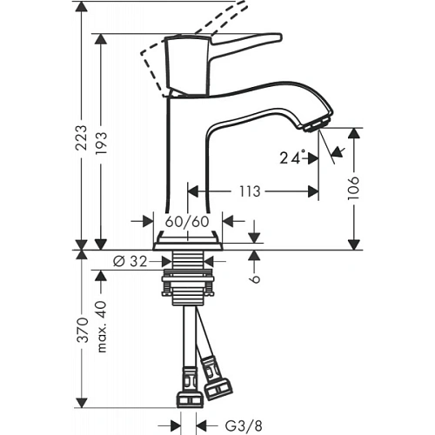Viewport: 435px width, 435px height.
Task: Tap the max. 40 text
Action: tap(101, 324)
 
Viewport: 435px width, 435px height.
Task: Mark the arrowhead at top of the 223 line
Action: tap(81, 7)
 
